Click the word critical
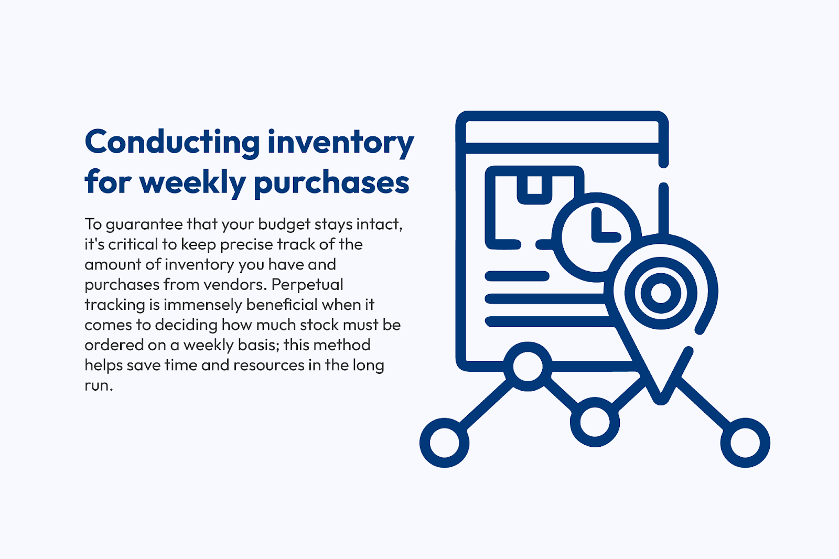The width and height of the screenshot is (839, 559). tap(133, 244)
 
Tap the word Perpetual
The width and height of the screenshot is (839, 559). tap(307, 285)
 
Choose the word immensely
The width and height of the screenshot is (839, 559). tap(202, 305)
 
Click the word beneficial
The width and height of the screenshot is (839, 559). tap(282, 304)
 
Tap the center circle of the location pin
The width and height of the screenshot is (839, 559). tap(661, 293)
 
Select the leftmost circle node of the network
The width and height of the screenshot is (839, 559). tap(444, 443)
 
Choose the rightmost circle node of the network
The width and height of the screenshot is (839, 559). tap(745, 443)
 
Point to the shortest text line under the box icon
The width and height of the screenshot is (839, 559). tap(517, 276)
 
